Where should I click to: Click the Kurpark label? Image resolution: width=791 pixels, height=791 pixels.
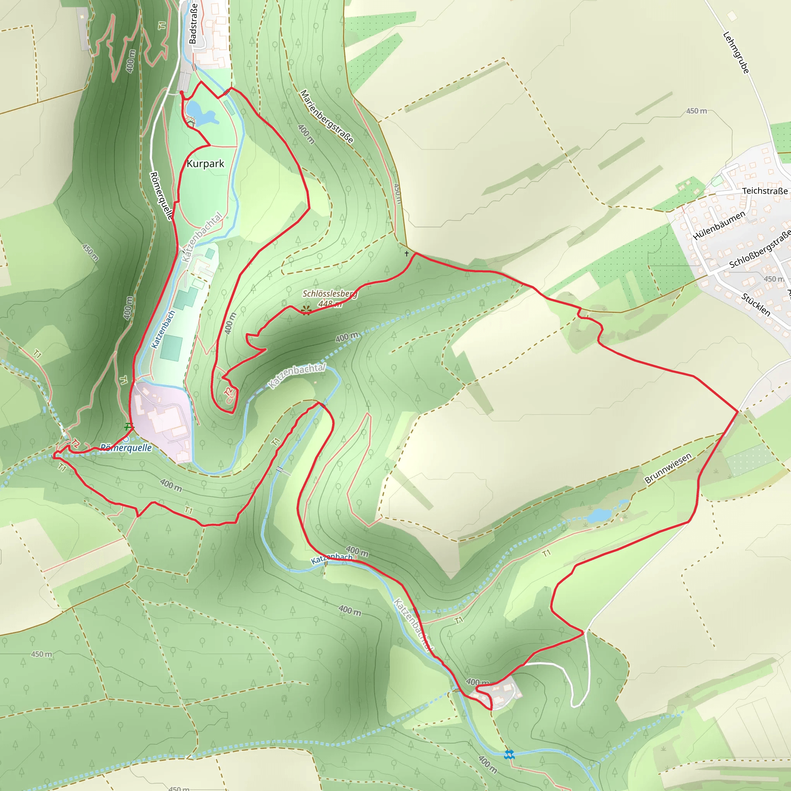click(x=205, y=164)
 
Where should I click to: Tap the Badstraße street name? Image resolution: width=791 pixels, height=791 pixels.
click(x=193, y=24)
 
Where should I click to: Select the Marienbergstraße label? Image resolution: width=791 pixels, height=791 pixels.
click(x=326, y=117)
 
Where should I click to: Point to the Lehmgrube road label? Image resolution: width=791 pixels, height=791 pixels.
click(x=736, y=53)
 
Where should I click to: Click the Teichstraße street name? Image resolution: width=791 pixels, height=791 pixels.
click(x=765, y=191)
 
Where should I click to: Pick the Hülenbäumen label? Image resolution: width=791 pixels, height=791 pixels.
click(x=718, y=226)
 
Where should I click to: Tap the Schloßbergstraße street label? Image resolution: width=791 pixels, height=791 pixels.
click(x=760, y=250)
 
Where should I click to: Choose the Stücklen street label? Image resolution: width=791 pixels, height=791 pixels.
click(x=755, y=305)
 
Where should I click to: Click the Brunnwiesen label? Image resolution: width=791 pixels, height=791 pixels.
click(x=668, y=468)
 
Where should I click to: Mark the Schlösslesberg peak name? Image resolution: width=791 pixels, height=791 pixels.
click(x=329, y=294)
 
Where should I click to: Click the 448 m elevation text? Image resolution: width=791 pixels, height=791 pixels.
click(x=330, y=304)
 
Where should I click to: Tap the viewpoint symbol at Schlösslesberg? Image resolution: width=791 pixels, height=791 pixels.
click(x=306, y=311)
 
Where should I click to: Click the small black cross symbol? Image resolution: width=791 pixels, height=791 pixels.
click(x=407, y=254)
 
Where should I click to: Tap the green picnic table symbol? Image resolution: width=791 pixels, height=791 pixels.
click(x=129, y=427)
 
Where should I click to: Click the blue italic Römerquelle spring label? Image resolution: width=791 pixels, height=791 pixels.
click(x=126, y=448)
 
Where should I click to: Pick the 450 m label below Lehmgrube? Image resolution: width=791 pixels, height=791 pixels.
click(x=696, y=111)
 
